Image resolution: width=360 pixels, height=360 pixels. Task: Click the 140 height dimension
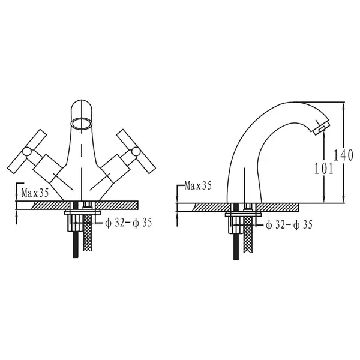343,155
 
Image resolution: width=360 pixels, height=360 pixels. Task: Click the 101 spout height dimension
323,169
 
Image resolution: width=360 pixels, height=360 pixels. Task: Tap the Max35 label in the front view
35,193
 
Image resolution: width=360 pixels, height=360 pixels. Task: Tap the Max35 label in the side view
198,185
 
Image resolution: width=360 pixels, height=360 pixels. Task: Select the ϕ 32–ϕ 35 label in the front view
128,223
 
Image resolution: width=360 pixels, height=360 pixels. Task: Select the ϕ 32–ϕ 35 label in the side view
289,224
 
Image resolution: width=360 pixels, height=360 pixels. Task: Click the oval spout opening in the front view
82,124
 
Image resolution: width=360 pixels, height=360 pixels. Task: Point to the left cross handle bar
27,151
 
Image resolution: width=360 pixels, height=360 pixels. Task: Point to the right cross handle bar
136,151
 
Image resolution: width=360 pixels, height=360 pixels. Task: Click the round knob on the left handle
27,152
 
